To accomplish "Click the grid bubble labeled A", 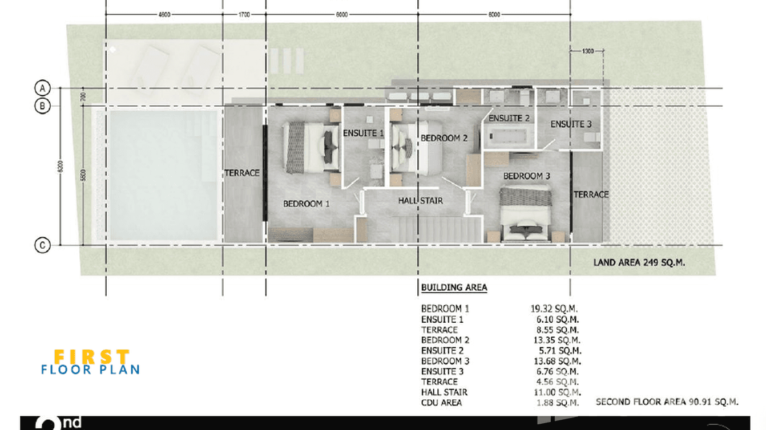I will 42,88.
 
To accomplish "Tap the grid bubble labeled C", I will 42,246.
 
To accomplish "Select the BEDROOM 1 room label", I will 307,204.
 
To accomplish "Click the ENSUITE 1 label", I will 363,133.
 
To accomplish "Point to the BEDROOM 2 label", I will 444,138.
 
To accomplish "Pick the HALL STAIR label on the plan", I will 421,201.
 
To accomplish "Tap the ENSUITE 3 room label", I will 567,124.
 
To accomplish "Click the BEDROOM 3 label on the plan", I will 526,176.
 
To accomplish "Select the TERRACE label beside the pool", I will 242,173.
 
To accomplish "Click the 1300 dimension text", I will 588,51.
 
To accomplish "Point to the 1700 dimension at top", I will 244,15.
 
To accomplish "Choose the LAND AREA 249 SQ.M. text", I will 639,263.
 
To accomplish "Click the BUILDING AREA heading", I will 454,287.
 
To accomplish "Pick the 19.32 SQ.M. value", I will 554,309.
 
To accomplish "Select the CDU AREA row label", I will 441,403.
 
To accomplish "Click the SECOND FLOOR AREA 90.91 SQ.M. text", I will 667,402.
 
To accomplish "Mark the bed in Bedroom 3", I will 526,214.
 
